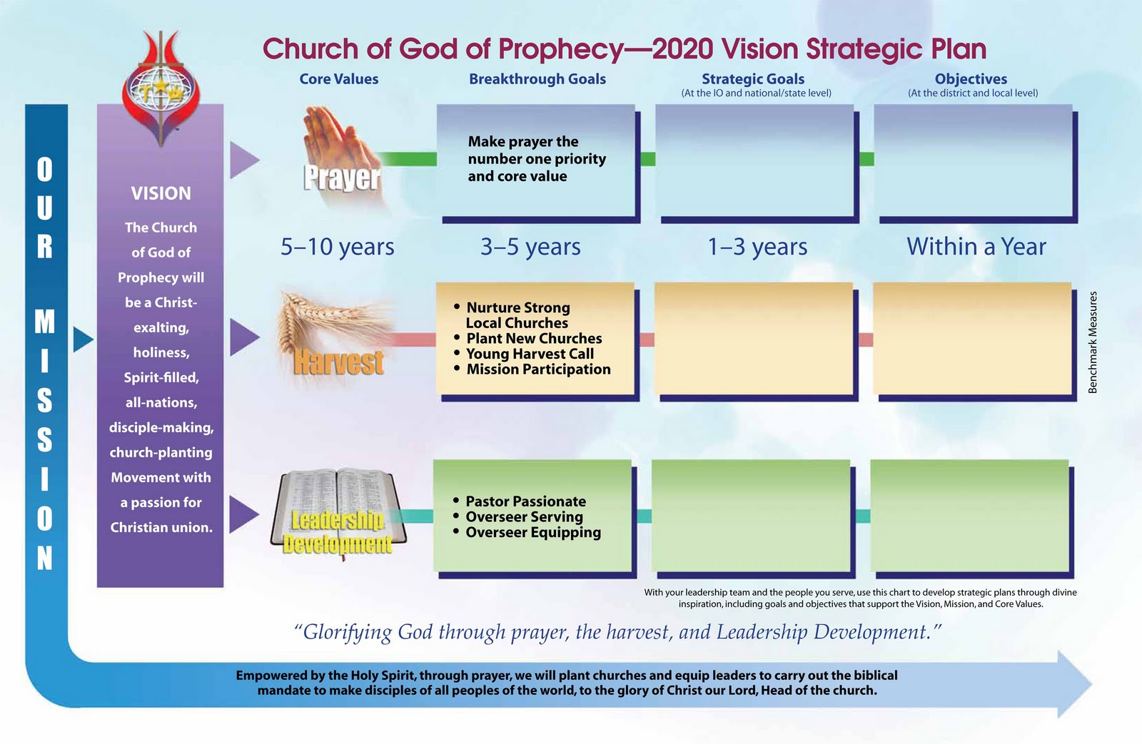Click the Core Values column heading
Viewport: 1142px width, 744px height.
(x=338, y=79)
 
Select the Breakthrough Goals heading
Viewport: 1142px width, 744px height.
(x=537, y=79)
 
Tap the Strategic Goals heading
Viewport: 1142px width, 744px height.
(x=752, y=79)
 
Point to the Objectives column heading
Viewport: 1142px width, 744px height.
(x=971, y=79)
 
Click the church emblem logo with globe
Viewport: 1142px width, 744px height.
(x=161, y=89)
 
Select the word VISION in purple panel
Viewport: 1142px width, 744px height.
(x=161, y=193)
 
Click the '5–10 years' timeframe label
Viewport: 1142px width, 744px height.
(x=337, y=247)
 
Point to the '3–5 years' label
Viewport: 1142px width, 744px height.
(x=530, y=247)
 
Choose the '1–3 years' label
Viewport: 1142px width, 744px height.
(x=757, y=247)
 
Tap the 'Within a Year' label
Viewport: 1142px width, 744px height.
(x=976, y=247)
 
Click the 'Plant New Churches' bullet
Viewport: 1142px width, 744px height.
(x=533, y=339)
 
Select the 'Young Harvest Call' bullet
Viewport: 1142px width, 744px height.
(x=529, y=354)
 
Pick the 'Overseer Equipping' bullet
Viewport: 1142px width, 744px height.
(x=532, y=533)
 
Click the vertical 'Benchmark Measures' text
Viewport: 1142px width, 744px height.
(x=1093, y=342)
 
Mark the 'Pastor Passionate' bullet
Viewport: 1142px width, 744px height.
(x=525, y=501)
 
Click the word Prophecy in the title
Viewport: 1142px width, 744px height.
(x=561, y=49)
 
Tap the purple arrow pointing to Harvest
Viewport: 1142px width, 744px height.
(x=243, y=337)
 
